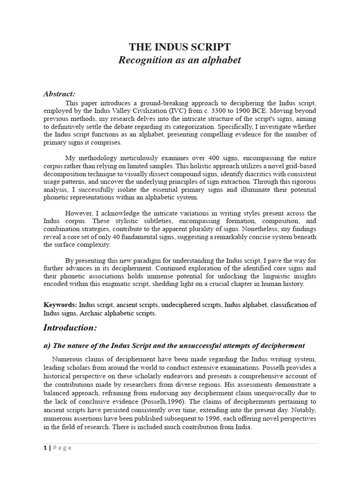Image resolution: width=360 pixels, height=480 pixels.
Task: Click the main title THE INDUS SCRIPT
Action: coord(180,47)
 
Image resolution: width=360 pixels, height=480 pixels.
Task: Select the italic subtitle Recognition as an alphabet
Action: coord(180,60)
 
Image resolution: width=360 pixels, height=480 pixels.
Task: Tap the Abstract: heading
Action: coord(59,94)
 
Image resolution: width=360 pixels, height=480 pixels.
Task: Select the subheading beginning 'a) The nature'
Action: coord(174,345)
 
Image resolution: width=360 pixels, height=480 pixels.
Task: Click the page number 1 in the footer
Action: coord(45,448)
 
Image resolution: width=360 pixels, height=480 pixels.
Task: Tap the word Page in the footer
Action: coord(62,448)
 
